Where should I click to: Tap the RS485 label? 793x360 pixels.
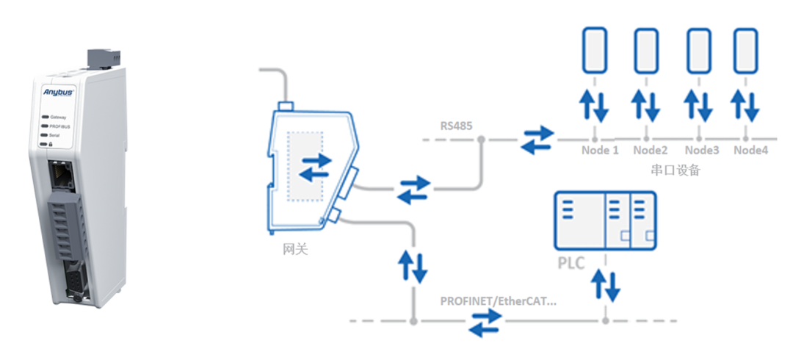click(x=457, y=126)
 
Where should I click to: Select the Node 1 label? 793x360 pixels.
click(x=595, y=151)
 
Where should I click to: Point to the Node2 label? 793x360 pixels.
click(x=650, y=151)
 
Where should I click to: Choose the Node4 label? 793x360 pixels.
click(x=750, y=151)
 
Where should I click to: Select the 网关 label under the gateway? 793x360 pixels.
click(x=294, y=249)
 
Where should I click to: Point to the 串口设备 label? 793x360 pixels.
click(x=676, y=170)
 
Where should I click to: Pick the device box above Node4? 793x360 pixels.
click(x=745, y=51)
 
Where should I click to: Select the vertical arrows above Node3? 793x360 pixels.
click(x=696, y=106)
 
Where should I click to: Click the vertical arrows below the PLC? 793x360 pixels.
click(x=605, y=285)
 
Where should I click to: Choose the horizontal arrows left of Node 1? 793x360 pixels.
click(x=537, y=139)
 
